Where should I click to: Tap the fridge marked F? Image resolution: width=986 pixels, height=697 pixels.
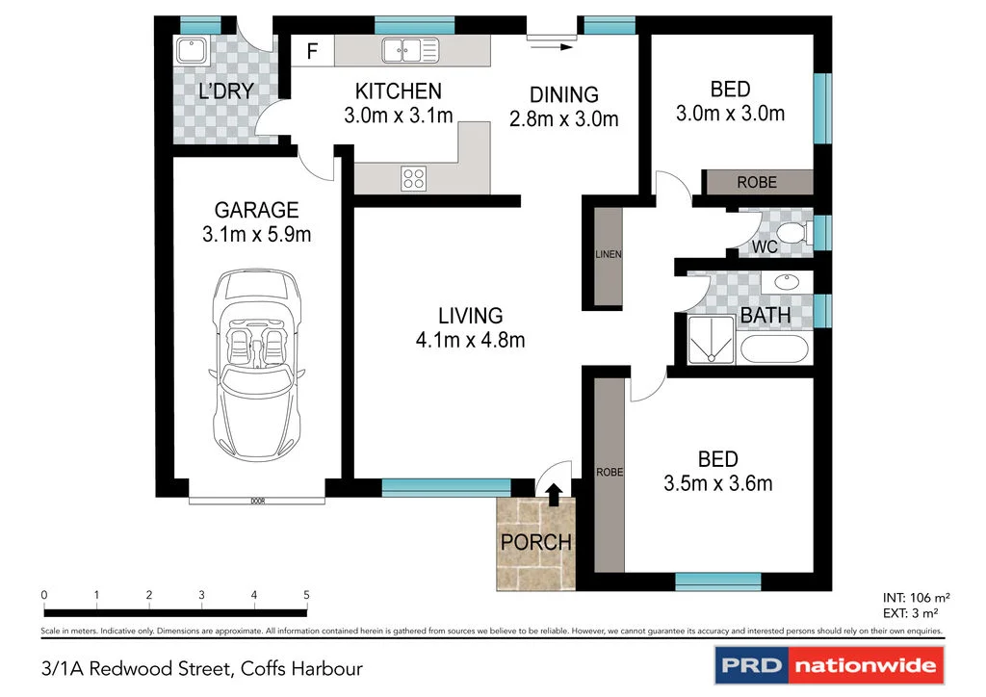click(313, 50)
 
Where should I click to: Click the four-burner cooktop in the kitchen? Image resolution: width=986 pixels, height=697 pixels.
click(413, 178)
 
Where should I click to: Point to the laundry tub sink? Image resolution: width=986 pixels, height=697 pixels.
click(192, 50)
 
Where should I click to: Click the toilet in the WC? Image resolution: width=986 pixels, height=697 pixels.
click(793, 232)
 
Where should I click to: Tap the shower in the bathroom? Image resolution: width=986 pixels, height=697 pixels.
click(711, 340)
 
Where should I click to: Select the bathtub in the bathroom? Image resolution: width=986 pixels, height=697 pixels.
click(774, 348)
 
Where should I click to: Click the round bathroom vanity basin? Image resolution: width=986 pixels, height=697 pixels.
click(786, 281)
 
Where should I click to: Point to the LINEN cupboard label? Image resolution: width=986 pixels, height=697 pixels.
click(609, 254)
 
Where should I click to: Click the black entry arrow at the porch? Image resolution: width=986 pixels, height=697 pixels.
click(554, 495)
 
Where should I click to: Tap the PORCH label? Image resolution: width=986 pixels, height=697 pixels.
click(535, 542)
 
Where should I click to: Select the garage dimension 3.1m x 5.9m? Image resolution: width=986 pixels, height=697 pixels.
click(256, 235)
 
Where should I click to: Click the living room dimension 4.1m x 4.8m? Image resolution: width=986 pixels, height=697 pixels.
click(470, 340)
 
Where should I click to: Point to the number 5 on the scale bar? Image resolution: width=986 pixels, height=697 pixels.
click(307, 595)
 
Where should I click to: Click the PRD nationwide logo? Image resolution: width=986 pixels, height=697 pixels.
click(829, 665)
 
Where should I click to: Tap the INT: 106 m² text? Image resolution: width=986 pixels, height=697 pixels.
click(916, 599)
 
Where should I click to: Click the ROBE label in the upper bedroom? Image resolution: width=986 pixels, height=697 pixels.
click(757, 182)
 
